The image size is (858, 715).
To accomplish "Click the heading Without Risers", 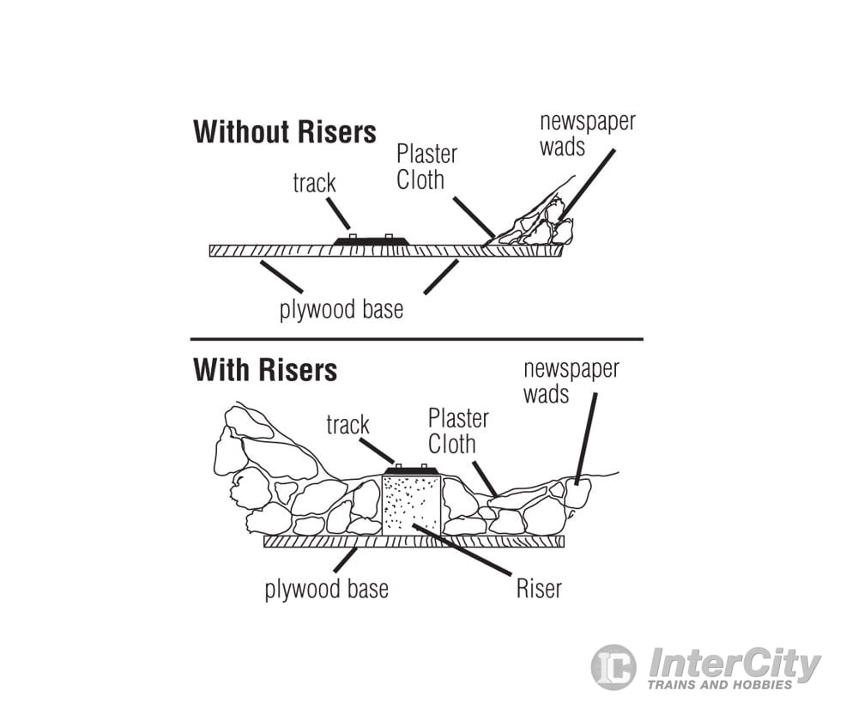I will [284, 133].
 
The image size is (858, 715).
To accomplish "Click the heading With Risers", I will [265, 370].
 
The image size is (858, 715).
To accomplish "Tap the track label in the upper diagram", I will [314, 183].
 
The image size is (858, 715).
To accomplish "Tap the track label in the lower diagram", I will [347, 425].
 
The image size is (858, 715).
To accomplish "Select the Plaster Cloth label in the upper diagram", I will [426, 167].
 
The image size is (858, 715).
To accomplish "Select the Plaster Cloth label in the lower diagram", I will [457, 431].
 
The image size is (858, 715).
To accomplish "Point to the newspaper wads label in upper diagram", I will [587, 133].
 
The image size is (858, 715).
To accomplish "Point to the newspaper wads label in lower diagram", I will [571, 382].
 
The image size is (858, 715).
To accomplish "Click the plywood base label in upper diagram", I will [341, 309].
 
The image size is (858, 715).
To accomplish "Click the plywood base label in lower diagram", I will [326, 590].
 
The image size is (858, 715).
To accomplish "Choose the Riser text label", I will [539, 589].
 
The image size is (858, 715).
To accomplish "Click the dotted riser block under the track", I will [411, 506].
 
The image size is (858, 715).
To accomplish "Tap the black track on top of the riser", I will [411, 470].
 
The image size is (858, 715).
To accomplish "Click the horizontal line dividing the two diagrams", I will [416, 339].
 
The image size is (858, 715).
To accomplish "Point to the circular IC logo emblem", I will [613, 667].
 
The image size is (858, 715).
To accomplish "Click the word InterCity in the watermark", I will [734, 663].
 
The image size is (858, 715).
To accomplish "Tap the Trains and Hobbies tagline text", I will [720, 685].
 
